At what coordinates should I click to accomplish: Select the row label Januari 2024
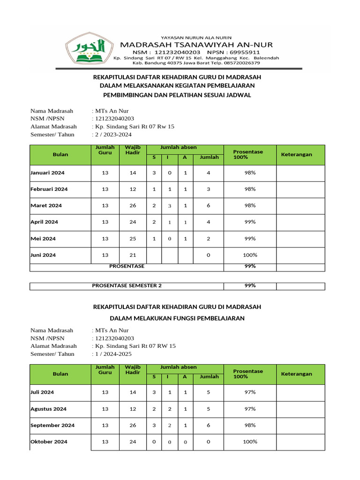(x=47, y=173)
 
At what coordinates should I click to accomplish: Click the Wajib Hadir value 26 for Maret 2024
(x=133, y=206)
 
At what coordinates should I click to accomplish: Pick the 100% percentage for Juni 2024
(x=250, y=255)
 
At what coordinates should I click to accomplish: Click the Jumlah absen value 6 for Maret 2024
(x=208, y=206)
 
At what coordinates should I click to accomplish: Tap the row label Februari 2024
(x=49, y=189)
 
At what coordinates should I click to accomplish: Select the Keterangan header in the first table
(x=296, y=155)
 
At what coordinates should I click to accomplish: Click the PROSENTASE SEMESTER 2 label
(x=127, y=285)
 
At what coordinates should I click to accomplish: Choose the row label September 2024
(x=52, y=426)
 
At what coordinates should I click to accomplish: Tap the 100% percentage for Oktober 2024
(x=250, y=442)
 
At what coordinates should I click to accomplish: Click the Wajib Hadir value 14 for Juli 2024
(x=133, y=392)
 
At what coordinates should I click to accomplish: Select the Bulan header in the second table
(x=60, y=374)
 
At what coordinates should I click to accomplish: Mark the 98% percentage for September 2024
(x=250, y=426)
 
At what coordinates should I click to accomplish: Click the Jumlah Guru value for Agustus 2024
(x=105, y=409)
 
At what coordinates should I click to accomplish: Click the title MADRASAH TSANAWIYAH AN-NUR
(x=196, y=45)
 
